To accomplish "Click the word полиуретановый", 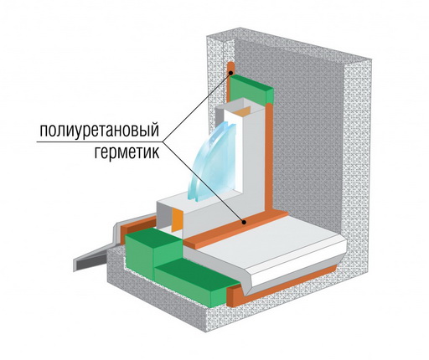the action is click(99, 131).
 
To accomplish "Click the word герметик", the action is click(127, 152).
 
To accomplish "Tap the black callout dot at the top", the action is click(231, 73).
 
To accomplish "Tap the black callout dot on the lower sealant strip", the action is click(244, 223).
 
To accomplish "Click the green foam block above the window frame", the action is click(251, 89).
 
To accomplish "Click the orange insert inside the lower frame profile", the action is click(177, 219).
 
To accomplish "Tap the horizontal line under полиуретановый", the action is click(99, 141).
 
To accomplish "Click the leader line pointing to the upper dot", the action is click(197, 107).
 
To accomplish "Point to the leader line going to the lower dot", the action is click(203, 183).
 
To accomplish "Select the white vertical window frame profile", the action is click(253, 157).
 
